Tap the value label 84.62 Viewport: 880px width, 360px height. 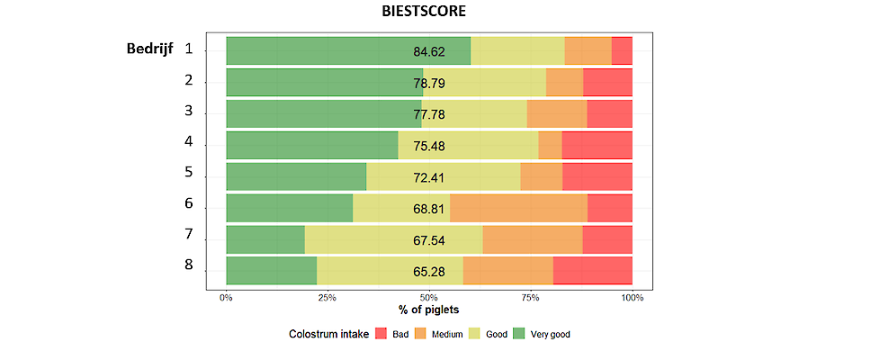click(429, 51)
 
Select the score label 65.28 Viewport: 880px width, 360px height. click(429, 271)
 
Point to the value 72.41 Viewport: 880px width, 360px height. click(429, 176)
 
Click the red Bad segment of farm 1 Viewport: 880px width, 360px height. click(622, 50)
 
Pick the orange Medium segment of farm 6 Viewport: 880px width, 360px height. click(518, 208)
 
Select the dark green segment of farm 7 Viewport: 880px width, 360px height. click(265, 239)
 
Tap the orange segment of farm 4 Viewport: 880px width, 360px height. click(550, 145)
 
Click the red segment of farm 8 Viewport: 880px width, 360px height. click(592, 270)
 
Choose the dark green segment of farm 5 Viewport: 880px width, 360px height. click(296, 176)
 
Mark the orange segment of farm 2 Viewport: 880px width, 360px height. click(564, 82)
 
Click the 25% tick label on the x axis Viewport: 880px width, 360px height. click(328, 298)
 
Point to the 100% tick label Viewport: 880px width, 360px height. click(632, 298)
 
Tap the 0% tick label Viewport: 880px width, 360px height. click(227, 298)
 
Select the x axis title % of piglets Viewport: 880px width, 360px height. click(428, 310)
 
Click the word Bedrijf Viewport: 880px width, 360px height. click(149, 49)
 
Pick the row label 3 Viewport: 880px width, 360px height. click(189, 111)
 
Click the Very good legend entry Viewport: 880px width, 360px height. click(543, 335)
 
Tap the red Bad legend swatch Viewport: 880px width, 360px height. click(381, 335)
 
